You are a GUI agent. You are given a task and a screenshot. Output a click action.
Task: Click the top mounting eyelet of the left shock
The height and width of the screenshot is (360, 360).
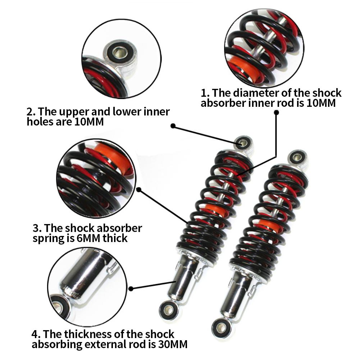click(243, 143)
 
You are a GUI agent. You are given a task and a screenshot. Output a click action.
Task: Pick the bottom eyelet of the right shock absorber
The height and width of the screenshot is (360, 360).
click(220, 327)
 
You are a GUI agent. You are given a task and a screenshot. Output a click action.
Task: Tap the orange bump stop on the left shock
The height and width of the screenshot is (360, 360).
click(215, 212)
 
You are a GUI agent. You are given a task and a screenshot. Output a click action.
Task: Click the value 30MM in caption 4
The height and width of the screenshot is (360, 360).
click(173, 344)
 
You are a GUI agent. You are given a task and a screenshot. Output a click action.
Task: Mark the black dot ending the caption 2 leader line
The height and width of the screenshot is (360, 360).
click(173, 126)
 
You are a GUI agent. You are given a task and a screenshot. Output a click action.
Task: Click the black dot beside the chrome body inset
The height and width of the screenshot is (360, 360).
click(131, 288)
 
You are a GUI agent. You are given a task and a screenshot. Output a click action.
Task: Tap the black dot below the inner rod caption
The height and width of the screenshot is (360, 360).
click(276, 112)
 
